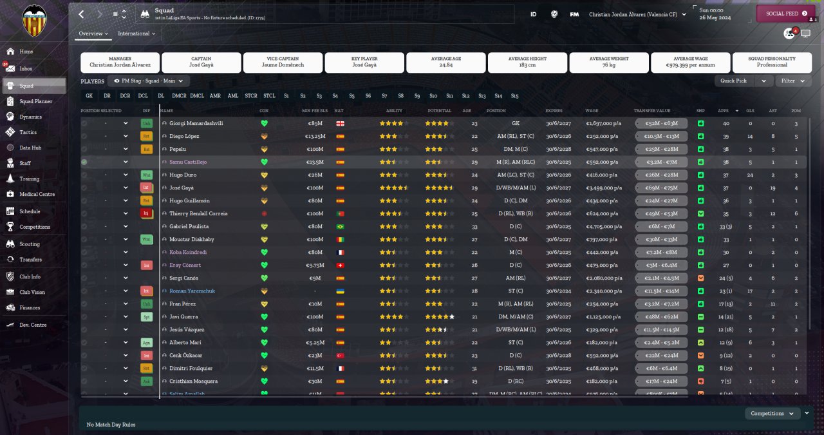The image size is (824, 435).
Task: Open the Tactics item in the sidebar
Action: pyautogui.click(x=28, y=132)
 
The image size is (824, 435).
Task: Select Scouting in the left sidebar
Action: pyautogui.click(x=29, y=244)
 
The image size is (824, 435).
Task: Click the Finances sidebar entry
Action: pyautogui.click(x=30, y=308)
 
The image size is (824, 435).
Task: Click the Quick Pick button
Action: pyautogui.click(x=734, y=81)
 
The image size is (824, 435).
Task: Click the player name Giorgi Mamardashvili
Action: pyautogui.click(x=196, y=123)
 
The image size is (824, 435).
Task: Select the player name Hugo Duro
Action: pyautogui.click(x=183, y=175)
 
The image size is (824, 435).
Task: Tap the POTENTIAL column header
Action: pyautogui.click(x=439, y=110)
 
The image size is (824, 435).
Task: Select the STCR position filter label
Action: pyautogui.click(x=250, y=96)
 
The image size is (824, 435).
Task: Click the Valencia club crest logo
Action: pyautogui.click(x=34, y=21)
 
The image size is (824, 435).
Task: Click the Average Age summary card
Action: pyautogui.click(x=445, y=62)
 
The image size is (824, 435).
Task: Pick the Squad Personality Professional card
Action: pyautogui.click(x=772, y=62)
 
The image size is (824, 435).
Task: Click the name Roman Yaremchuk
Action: pyautogui.click(x=192, y=291)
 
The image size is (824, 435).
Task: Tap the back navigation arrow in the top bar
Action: pyautogui.click(x=81, y=14)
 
